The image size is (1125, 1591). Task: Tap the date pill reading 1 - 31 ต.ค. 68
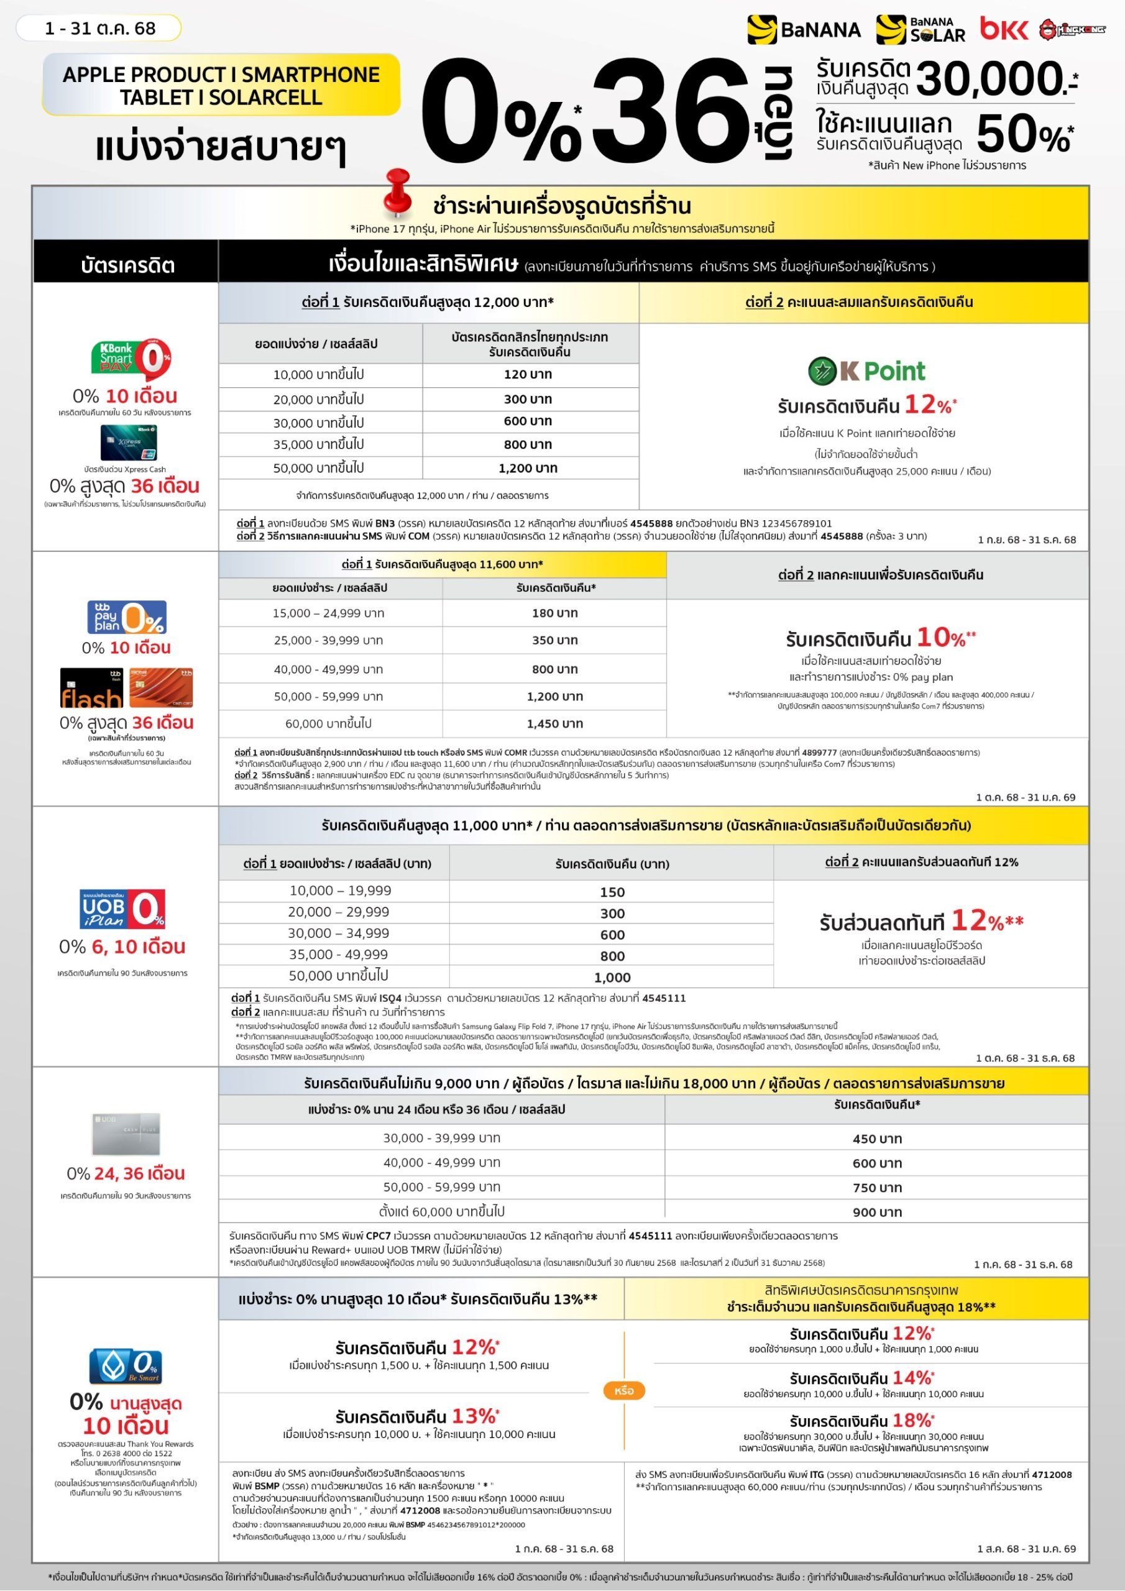pyautogui.click(x=99, y=29)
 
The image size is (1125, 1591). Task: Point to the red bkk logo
pyautogui.click(x=1003, y=29)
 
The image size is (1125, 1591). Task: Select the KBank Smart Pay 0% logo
pyautogui.click(x=131, y=357)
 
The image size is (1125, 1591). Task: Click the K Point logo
pyautogui.click(x=866, y=372)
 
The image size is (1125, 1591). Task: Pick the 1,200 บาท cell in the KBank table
pyautogui.click(x=528, y=469)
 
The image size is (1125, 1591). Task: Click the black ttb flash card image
pyautogui.click(x=91, y=688)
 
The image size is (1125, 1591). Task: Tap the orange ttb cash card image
pyautogui.click(x=161, y=687)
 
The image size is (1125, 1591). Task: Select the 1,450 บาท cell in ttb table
pyautogui.click(x=554, y=723)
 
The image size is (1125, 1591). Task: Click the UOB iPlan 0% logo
pyautogui.click(x=122, y=909)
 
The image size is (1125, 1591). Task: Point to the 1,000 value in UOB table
pyautogui.click(x=612, y=977)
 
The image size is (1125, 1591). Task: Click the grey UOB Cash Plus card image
pyautogui.click(x=126, y=1134)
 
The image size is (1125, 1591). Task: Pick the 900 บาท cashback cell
pyautogui.click(x=877, y=1212)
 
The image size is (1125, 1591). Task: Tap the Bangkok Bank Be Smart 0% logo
pyautogui.click(x=125, y=1366)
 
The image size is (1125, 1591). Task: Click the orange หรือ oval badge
pyautogui.click(x=624, y=1391)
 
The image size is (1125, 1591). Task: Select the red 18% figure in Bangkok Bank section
pyautogui.click(x=912, y=1421)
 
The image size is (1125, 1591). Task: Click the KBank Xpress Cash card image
pyautogui.click(x=128, y=442)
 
